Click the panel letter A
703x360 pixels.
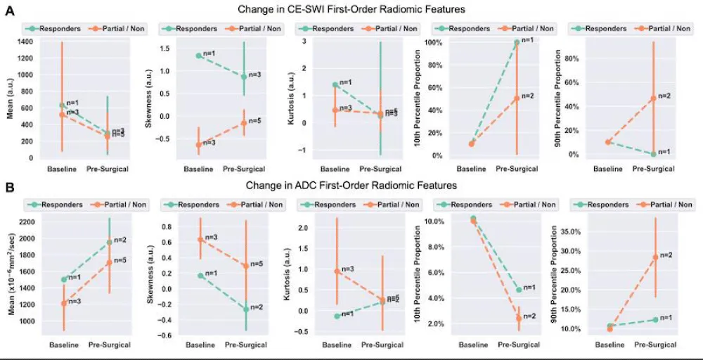[x=10, y=11]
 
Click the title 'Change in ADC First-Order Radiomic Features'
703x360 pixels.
[x=351, y=186]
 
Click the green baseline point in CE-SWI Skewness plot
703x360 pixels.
[x=199, y=56]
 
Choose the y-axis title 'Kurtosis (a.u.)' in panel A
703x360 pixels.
[x=288, y=98]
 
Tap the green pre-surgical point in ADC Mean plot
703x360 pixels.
[x=108, y=243]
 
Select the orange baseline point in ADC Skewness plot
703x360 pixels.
[x=200, y=239]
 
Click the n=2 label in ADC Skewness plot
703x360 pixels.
[x=256, y=307]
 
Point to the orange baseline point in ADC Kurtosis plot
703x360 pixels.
[x=337, y=271]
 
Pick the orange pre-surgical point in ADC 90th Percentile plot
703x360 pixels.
[x=654, y=257]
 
